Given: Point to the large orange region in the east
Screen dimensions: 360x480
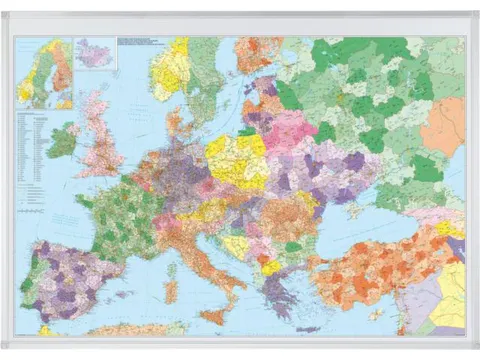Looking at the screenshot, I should tap(441, 129).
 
